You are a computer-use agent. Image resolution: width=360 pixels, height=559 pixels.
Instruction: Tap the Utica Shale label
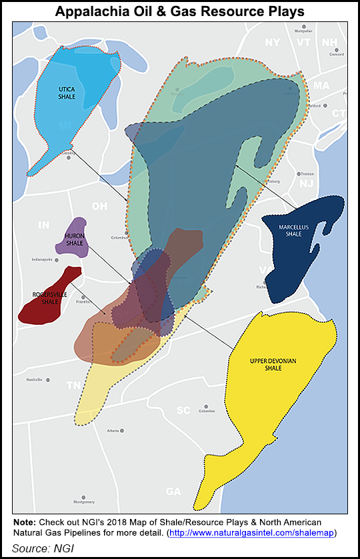pyautogui.click(x=67, y=93)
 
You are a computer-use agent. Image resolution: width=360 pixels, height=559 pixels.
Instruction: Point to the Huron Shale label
pyautogui.click(x=74, y=239)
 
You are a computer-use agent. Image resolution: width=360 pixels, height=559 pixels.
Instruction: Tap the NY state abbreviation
pyautogui.click(x=273, y=42)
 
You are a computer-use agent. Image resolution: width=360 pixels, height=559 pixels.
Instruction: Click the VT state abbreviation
pyautogui.click(x=304, y=42)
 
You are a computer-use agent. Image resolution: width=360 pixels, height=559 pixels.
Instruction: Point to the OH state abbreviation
pyautogui.click(x=99, y=206)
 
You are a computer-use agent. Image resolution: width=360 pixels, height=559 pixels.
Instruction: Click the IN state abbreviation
pyautogui.click(x=43, y=225)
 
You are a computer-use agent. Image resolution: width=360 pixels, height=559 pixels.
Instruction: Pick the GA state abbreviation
pyautogui.click(x=173, y=492)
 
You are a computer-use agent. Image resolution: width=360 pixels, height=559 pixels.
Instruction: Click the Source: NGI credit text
pyautogui.click(x=41, y=547)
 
